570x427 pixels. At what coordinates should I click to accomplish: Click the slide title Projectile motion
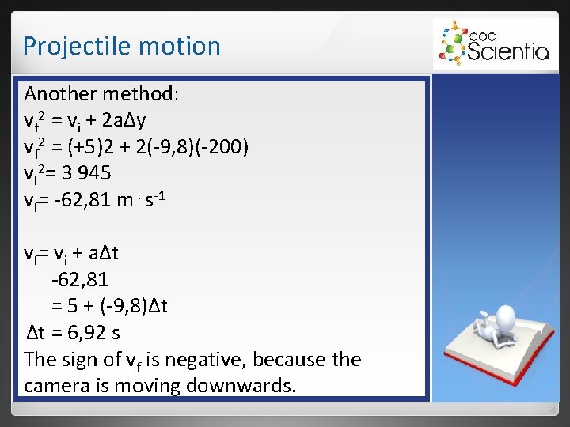click(x=121, y=46)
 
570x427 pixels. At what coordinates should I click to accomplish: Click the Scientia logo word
click(x=508, y=51)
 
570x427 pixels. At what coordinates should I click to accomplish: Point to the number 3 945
click(x=88, y=172)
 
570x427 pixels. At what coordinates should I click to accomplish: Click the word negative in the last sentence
click(x=189, y=359)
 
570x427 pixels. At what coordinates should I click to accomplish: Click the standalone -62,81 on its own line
click(x=79, y=279)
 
